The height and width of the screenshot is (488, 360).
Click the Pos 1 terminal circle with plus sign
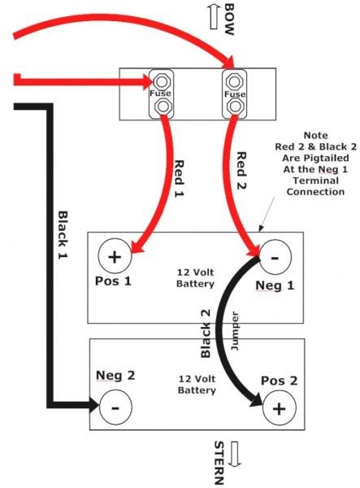(114, 257)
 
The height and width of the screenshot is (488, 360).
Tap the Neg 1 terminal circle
(275, 257)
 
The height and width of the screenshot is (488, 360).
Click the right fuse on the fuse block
(234, 94)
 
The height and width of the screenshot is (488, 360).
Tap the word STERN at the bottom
(218, 464)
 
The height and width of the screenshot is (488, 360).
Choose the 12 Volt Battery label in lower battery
(197, 385)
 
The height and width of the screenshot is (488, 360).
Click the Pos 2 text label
(279, 381)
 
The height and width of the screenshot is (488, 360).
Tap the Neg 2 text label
(115, 376)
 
